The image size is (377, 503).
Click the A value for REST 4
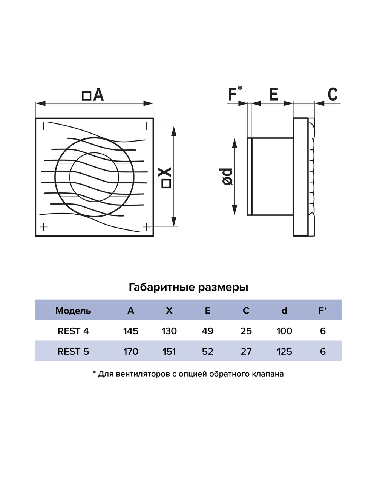[131, 331]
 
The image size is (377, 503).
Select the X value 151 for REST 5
[169, 351]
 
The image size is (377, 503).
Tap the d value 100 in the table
[284, 331]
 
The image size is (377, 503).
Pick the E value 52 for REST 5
[208, 351]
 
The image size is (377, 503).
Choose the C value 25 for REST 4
[246, 331]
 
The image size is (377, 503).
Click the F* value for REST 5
[323, 351]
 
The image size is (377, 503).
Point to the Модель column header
[73, 311]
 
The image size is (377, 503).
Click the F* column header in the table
[323, 310]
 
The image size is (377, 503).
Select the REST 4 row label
[73, 331]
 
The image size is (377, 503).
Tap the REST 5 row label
[73, 351]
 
